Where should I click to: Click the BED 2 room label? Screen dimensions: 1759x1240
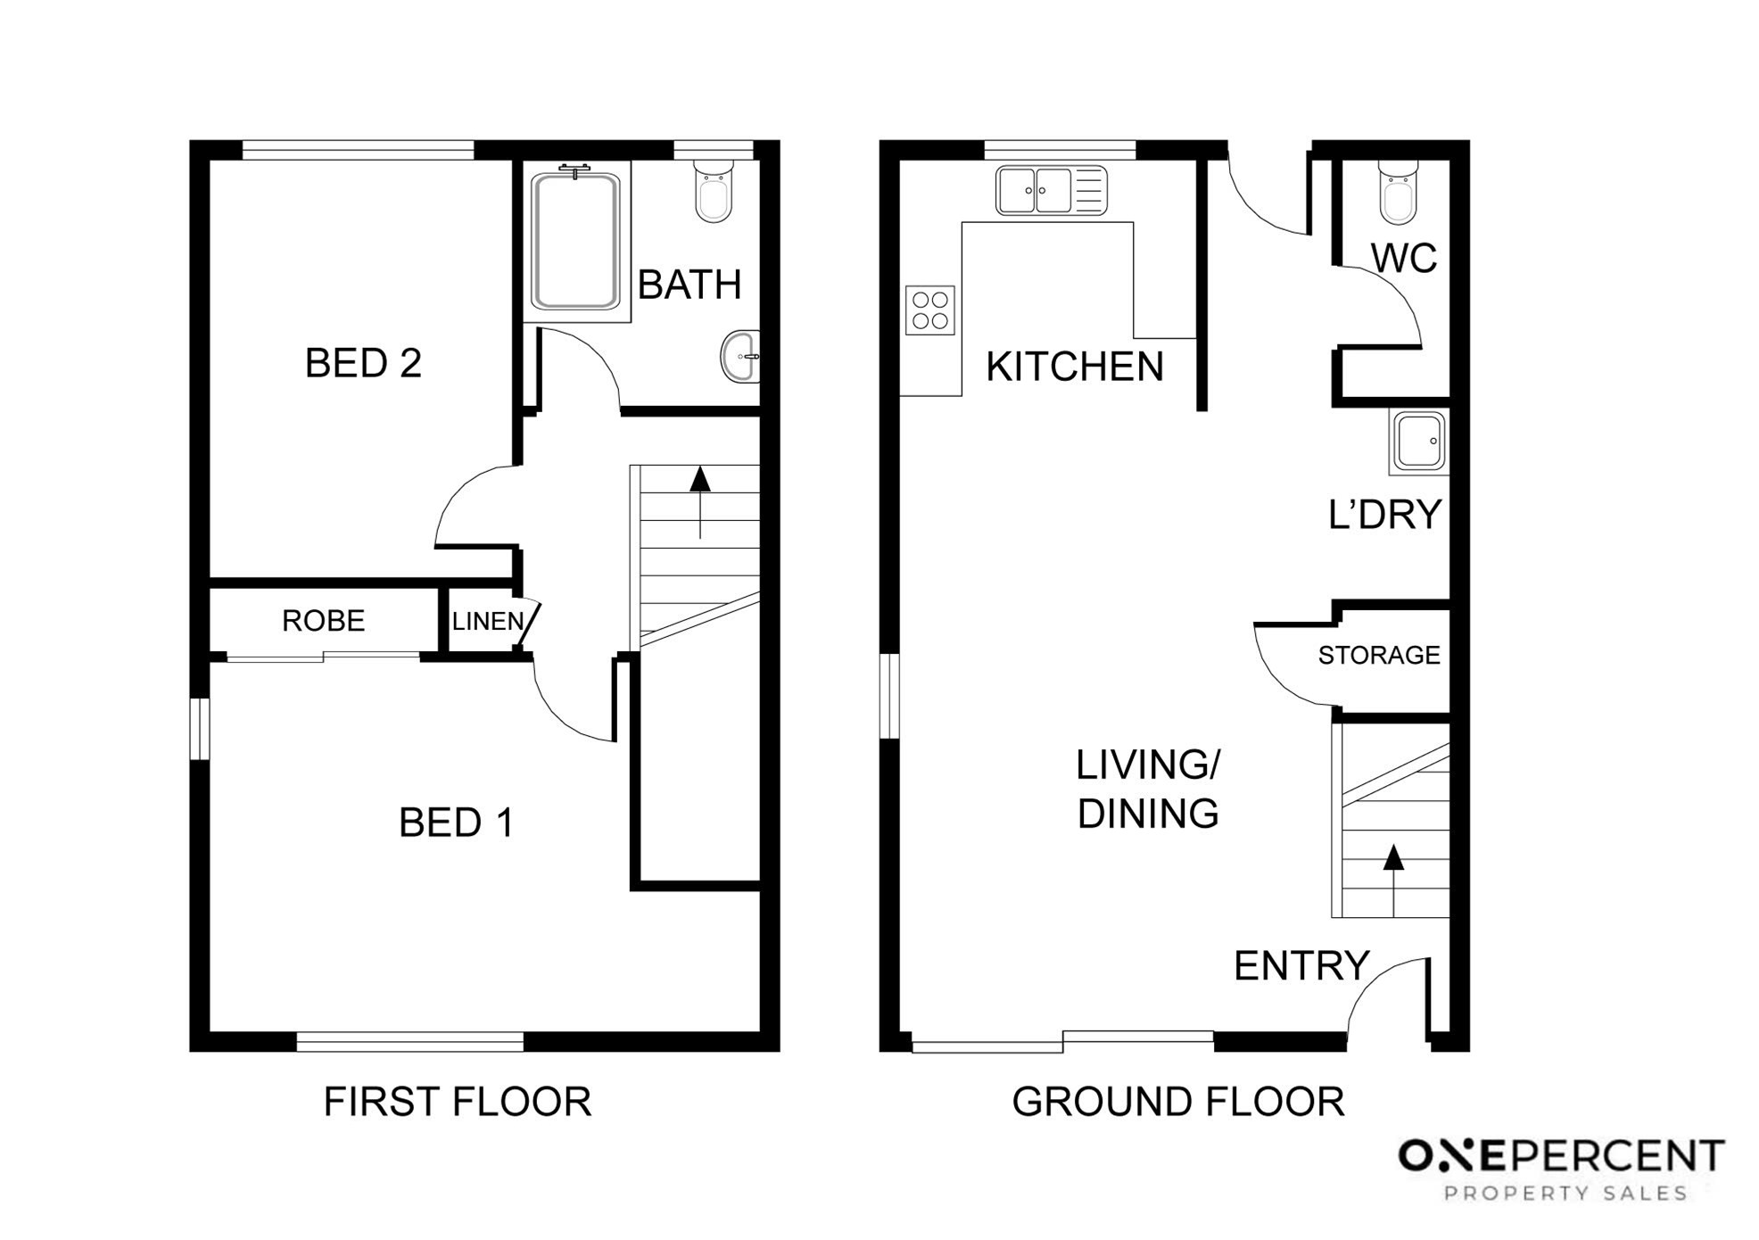tap(363, 363)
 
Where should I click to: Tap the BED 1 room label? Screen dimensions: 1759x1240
tap(457, 823)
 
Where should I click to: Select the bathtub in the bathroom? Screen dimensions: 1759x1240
tap(575, 241)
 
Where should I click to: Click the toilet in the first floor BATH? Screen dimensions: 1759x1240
tap(714, 191)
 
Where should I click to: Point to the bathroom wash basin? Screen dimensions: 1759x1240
tap(740, 356)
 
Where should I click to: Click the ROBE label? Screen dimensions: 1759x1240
tap(323, 621)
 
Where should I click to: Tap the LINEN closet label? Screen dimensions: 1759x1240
tap(488, 621)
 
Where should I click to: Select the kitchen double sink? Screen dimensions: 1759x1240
tap(1052, 191)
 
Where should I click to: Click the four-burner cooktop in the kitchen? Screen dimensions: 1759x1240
tap(930, 310)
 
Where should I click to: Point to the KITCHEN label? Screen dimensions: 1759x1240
tap(1075, 367)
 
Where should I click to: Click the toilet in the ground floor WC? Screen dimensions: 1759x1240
tap(1398, 192)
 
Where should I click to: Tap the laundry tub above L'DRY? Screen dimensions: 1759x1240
tap(1418, 442)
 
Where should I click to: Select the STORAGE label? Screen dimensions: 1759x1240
tap(1379, 656)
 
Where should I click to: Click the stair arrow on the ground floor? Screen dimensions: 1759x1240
tap(1393, 881)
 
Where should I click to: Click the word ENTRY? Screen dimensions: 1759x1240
tap(1301, 966)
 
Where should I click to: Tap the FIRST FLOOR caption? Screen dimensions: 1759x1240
tap(458, 1102)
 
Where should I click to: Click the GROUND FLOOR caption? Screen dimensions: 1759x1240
tap(1178, 1102)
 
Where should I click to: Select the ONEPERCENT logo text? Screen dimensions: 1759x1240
tap(1561, 1156)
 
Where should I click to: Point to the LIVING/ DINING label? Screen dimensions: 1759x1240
tap(1149, 789)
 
